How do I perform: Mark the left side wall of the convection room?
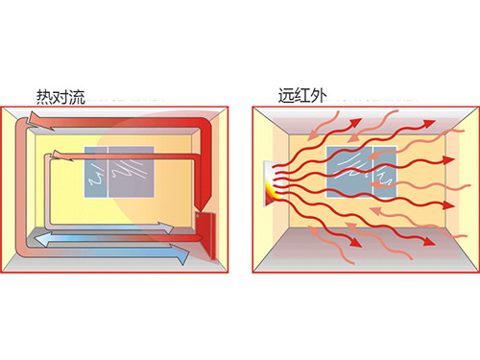(18, 187)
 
